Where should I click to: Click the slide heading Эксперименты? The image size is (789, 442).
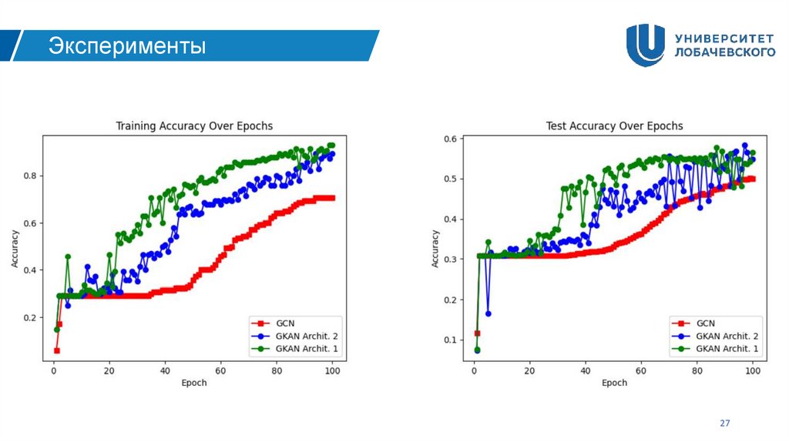point(128,46)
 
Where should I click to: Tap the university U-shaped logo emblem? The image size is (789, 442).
point(645,45)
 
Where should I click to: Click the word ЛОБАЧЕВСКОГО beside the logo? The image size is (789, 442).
point(724,52)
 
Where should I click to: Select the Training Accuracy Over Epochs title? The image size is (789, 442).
point(194,126)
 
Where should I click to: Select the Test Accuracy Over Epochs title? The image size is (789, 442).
point(614,126)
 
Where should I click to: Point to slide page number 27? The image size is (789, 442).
point(724,424)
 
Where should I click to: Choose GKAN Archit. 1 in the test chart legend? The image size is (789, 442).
point(727,349)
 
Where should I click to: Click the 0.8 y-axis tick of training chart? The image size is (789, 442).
point(29,176)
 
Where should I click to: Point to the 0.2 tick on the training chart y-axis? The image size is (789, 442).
point(29,317)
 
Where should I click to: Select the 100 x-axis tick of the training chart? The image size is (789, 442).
point(332,371)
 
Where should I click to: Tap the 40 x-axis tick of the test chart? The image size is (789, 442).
point(586,371)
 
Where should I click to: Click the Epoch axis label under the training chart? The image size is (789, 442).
point(194,383)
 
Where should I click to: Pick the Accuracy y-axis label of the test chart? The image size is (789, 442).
point(435,248)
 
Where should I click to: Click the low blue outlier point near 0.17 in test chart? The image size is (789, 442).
point(489,313)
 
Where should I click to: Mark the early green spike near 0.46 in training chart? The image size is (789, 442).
point(68,256)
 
